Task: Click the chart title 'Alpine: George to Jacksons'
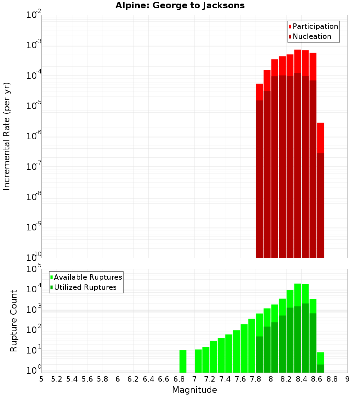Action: coord(180,6)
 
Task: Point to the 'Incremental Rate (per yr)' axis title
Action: coord(7,136)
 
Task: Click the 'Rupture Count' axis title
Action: coord(14,321)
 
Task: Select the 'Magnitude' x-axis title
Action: coord(194,390)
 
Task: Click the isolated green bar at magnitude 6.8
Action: coord(183,361)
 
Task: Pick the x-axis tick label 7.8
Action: coord(256,379)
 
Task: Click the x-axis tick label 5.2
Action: coord(57,379)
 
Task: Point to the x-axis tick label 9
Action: coord(347,379)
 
